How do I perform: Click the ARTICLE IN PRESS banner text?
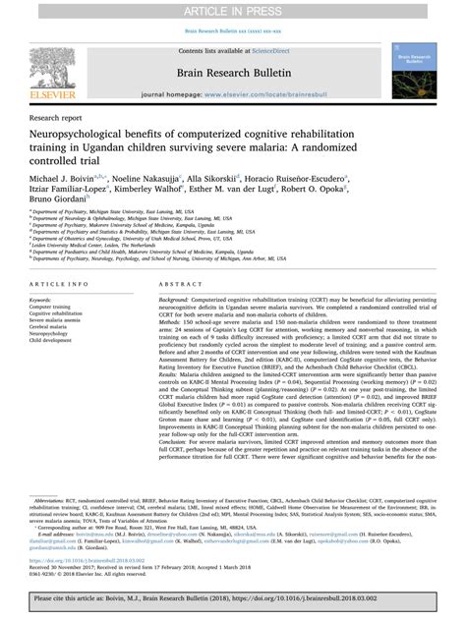click(232, 10)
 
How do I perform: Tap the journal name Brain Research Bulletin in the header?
click(232, 73)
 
